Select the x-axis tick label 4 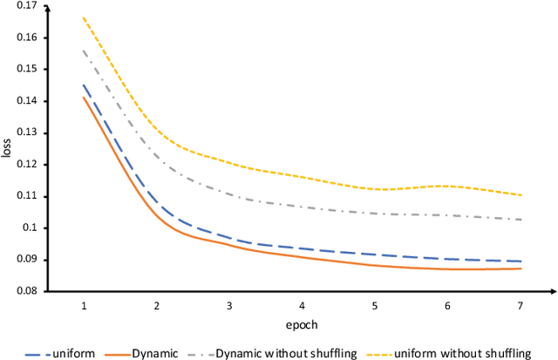click(x=301, y=306)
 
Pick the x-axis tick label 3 click(x=229, y=306)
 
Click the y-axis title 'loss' click(x=9, y=148)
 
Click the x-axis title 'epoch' click(x=300, y=324)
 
